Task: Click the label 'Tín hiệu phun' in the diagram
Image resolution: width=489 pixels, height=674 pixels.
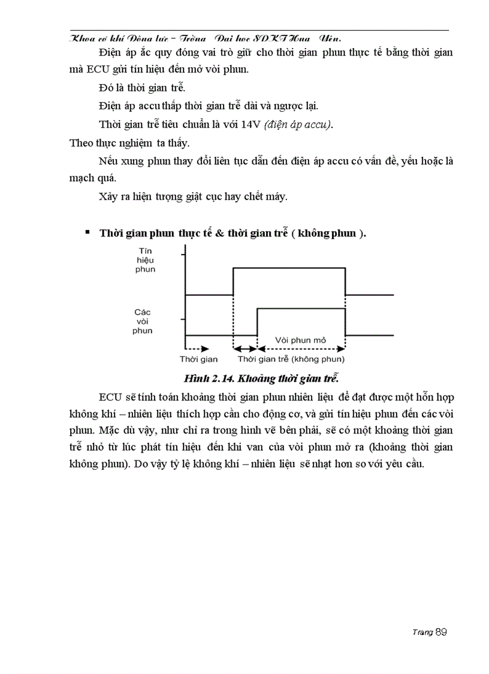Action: [x=146, y=260]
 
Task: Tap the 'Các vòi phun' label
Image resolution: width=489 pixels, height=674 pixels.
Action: [x=143, y=321]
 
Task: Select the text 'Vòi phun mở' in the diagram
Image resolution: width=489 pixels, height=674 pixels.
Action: [x=300, y=340]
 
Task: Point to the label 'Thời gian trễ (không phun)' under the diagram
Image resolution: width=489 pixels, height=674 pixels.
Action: [x=291, y=360]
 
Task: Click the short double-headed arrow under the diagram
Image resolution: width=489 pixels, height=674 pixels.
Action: [x=244, y=348]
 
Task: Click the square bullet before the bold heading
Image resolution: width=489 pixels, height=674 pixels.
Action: [x=88, y=232]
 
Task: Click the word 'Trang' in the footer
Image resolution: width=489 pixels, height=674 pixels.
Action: [x=423, y=633]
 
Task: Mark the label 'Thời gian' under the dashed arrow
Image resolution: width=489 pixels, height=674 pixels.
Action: [x=198, y=360]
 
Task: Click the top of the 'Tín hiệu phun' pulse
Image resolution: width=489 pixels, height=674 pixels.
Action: [x=289, y=268]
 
